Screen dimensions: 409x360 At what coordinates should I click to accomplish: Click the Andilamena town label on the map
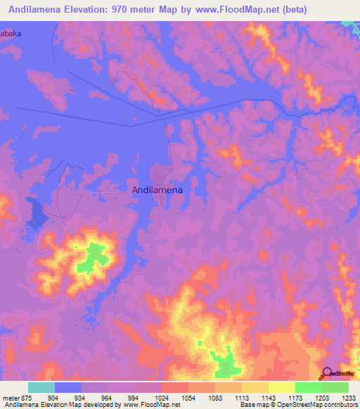pyautogui.click(x=157, y=189)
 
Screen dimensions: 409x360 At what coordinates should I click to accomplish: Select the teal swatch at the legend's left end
pyautogui.click(x=41, y=387)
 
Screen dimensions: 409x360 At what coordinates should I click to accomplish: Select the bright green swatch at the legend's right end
pyautogui.click(x=335, y=387)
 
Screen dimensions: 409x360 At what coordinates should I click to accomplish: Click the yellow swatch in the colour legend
pyautogui.click(x=282, y=387)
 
